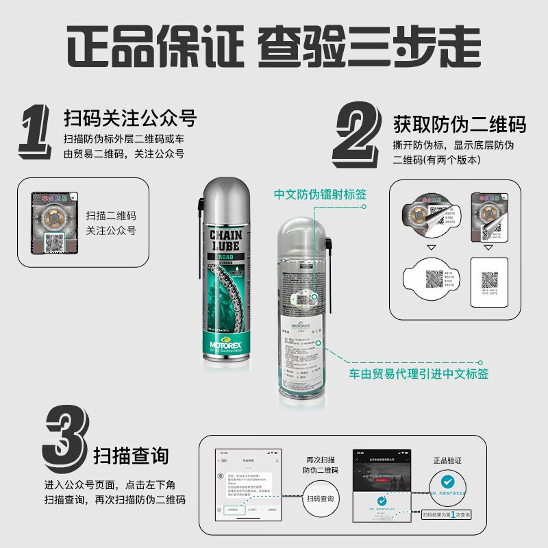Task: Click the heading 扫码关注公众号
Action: (x=129, y=119)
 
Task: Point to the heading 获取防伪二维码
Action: (x=460, y=125)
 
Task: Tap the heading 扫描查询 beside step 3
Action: (x=130, y=456)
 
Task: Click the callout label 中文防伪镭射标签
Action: (x=320, y=195)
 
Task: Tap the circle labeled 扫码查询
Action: (x=321, y=500)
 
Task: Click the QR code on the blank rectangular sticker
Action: (x=488, y=279)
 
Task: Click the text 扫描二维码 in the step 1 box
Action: (x=111, y=216)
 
